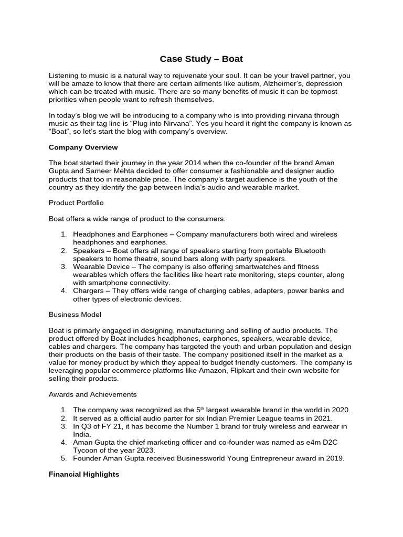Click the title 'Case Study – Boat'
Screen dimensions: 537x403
pos(201,59)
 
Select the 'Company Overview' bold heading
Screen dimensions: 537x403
pos(83,147)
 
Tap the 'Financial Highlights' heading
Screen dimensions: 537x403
pos(84,474)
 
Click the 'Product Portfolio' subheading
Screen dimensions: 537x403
pos(75,202)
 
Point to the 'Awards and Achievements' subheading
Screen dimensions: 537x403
pos(92,394)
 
